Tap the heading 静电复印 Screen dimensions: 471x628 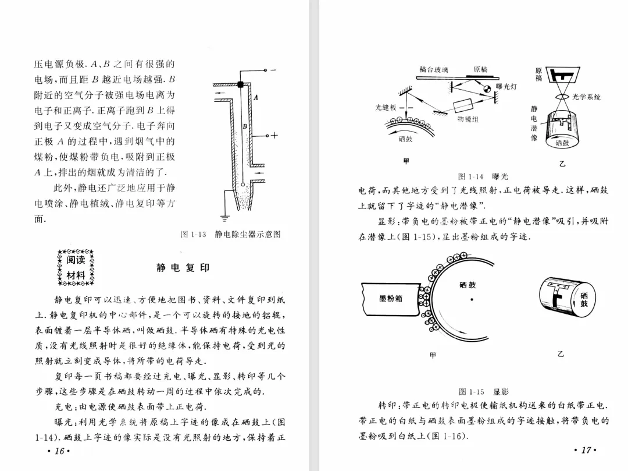(183, 268)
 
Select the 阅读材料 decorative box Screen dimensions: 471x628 (76, 268)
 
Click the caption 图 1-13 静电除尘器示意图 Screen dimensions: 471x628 (231, 234)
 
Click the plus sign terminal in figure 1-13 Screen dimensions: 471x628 (274, 136)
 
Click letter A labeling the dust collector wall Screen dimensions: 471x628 (255, 97)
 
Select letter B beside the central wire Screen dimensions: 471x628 (245, 126)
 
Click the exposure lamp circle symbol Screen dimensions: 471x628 (486, 88)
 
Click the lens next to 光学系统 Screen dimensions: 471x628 (562, 97)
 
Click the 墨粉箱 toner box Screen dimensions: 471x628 (390, 298)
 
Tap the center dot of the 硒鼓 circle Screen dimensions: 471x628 (472, 300)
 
